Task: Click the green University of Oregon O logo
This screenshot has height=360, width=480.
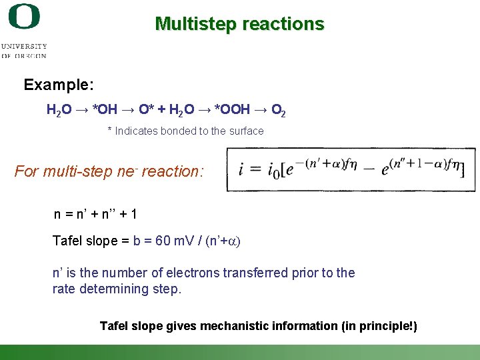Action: click(x=24, y=16)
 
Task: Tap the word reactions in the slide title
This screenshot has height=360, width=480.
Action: click(x=283, y=24)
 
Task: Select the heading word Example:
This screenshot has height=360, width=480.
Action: click(x=59, y=85)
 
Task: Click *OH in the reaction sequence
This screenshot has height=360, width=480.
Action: click(x=105, y=108)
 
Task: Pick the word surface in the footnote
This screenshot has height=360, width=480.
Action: click(x=246, y=131)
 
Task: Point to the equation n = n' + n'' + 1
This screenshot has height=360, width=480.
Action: click(x=95, y=215)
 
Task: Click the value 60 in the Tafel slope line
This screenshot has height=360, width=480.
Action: click(x=163, y=241)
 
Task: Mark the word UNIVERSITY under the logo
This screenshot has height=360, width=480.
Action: click(x=24, y=46)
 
